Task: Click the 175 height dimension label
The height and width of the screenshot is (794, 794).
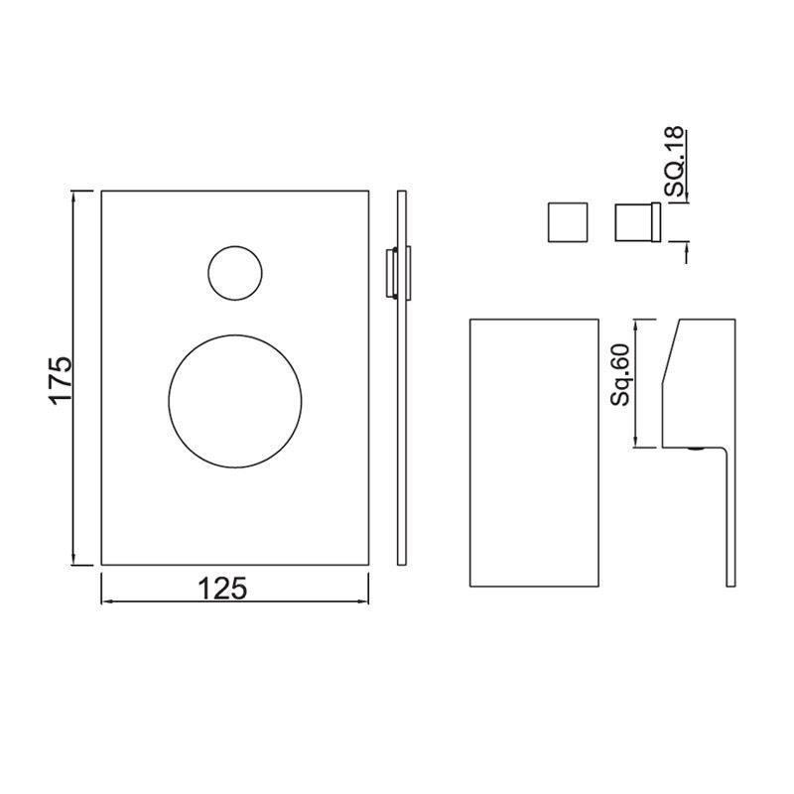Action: point(63,378)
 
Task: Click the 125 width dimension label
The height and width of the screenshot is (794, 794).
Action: point(222,588)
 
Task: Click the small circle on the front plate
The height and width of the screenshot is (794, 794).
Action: point(236,270)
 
